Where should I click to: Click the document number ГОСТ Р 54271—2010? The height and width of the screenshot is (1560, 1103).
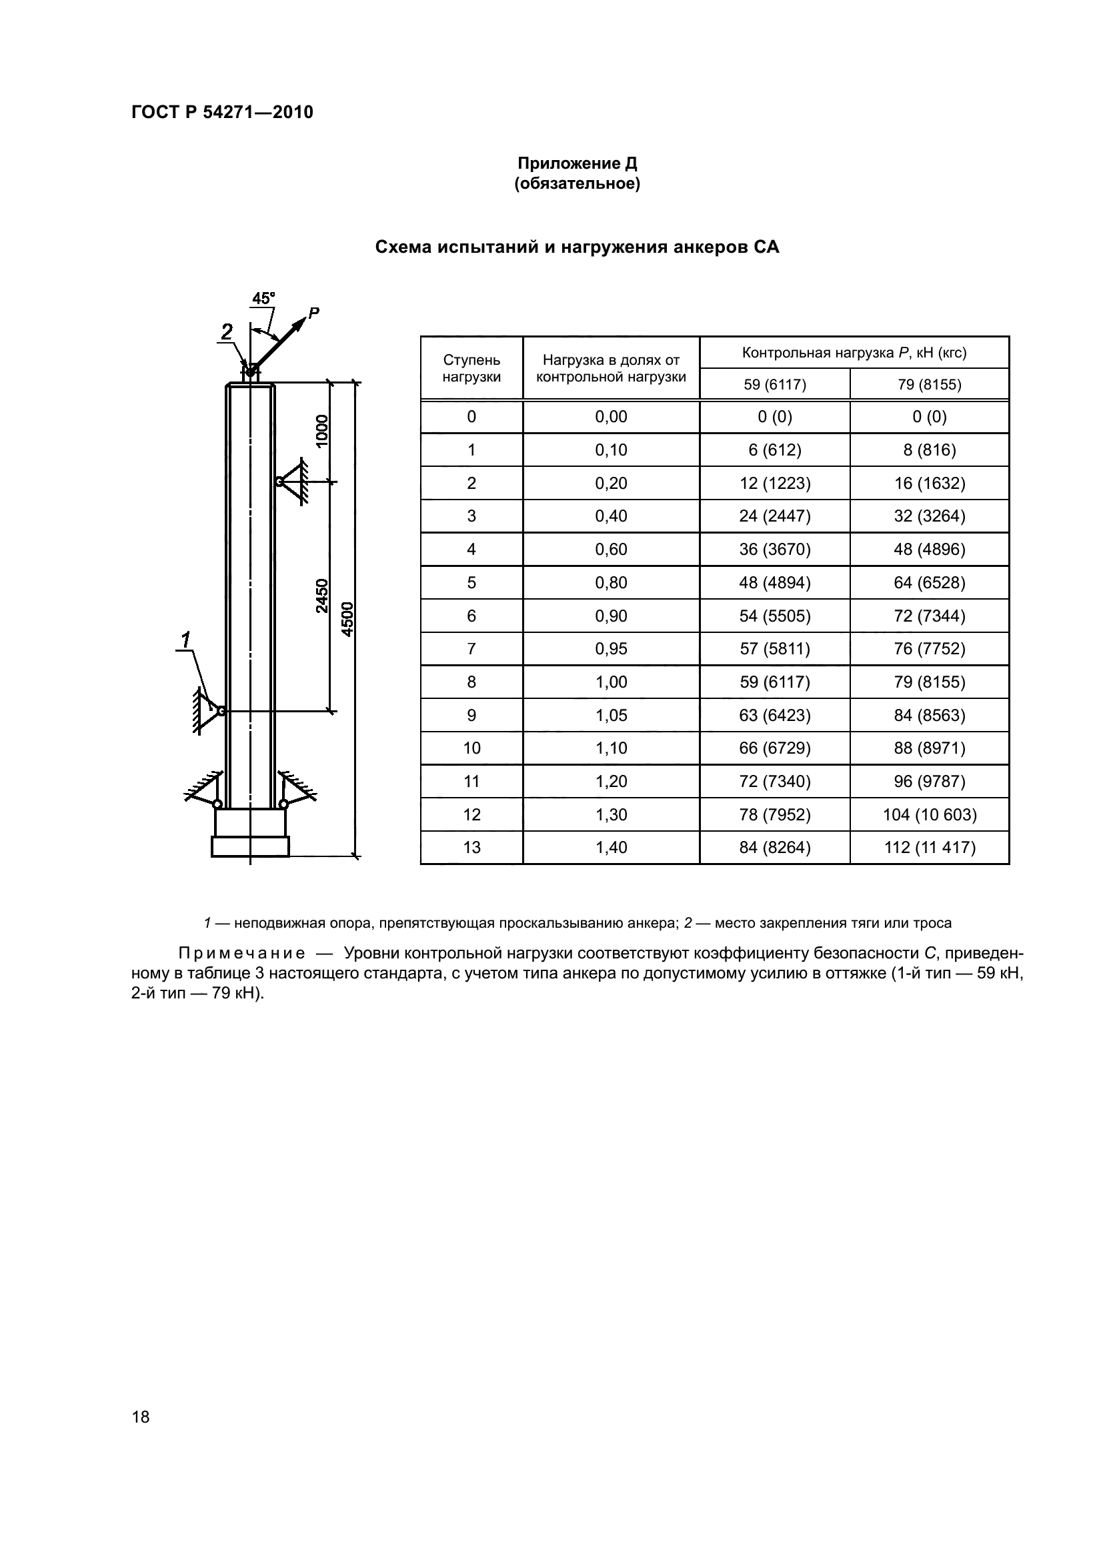222,112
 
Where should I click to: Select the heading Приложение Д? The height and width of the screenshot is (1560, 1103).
578,164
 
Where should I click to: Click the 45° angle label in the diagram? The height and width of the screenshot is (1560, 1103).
263,298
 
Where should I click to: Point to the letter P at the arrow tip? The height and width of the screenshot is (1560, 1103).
313,313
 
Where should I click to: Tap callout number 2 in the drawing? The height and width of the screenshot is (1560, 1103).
226,331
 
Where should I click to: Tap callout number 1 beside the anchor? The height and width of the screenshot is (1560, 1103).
185,640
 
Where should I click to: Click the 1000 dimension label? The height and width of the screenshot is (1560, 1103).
322,430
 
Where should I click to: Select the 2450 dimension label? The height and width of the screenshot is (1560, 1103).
322,596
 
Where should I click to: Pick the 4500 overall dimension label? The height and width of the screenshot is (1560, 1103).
347,619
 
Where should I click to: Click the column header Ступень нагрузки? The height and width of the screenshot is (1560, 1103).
471,368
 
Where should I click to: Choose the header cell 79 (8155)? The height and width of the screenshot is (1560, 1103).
929,385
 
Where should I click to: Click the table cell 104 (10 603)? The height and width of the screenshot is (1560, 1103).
929,814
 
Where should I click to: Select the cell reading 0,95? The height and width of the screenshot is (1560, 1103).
612,649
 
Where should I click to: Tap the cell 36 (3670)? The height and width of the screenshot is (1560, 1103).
774,549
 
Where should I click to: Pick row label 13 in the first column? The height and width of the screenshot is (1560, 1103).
471,847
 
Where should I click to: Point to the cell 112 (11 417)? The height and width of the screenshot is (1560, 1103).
929,847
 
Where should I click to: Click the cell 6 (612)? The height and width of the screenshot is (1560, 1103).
774,450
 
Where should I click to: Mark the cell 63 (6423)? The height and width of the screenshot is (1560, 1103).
774,715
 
